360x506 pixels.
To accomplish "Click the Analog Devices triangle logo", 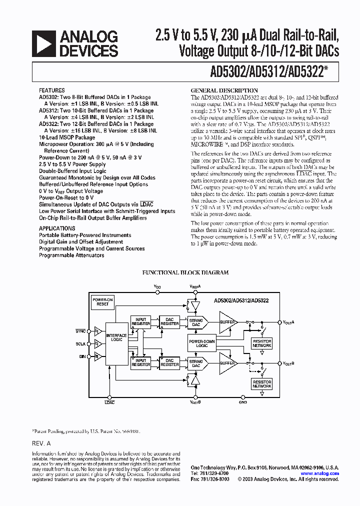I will pyautogui.click(x=43, y=43).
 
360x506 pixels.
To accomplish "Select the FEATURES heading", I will pyautogui.click(x=51, y=90).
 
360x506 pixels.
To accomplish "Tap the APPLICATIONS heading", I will pyautogui.click(x=57, y=228).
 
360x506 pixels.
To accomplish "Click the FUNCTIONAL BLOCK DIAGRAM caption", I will pyautogui.click(x=185, y=272).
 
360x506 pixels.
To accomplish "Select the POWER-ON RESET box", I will pyautogui.click(x=102, y=301).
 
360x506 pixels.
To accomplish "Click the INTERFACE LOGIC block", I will pyautogui.click(x=116, y=337).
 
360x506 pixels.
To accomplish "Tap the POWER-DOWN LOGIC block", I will pyautogui.click(x=202, y=342).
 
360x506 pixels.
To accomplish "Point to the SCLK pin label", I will pyautogui.click(x=80, y=343).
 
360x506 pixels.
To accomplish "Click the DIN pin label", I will pyautogui.click(x=82, y=356).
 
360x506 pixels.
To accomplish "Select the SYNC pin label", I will pyautogui.click(x=80, y=331).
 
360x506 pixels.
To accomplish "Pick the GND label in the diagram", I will pyautogui.click(x=243, y=401).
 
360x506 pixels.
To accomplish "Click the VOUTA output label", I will pyautogui.click(x=289, y=322).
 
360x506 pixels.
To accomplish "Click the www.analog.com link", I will pyautogui.click(x=319, y=473).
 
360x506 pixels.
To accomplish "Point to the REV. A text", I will pyautogui.click(x=41, y=443).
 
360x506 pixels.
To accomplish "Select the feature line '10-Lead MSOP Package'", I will pyautogui.click(x=67, y=137).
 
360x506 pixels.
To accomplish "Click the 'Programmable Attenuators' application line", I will pyautogui.click(x=71, y=255).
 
